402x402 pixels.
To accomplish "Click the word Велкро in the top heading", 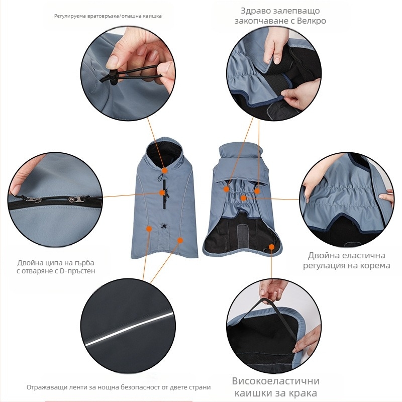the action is [x=311, y=21].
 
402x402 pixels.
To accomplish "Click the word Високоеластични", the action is [x=276, y=381].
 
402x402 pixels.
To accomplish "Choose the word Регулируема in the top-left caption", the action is [x=70, y=16].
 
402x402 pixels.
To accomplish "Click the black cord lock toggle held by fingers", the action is [x=112, y=76].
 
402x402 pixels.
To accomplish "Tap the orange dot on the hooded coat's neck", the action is [x=165, y=170].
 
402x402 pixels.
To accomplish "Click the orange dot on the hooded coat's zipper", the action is [x=162, y=192].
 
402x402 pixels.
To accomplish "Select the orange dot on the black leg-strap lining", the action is [x=271, y=247].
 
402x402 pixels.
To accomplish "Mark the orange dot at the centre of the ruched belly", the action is [x=244, y=198].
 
